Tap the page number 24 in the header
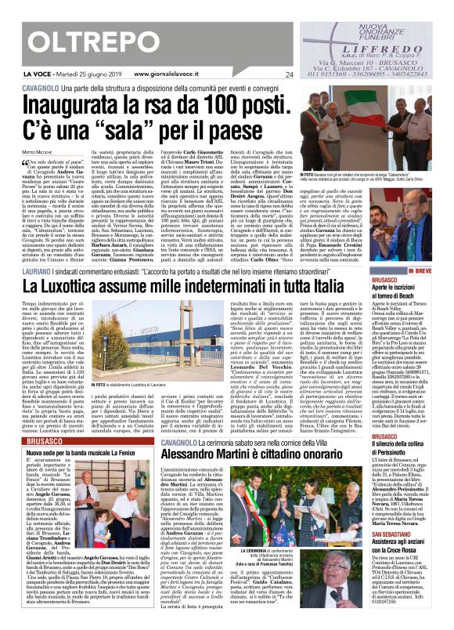click(289, 75)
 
